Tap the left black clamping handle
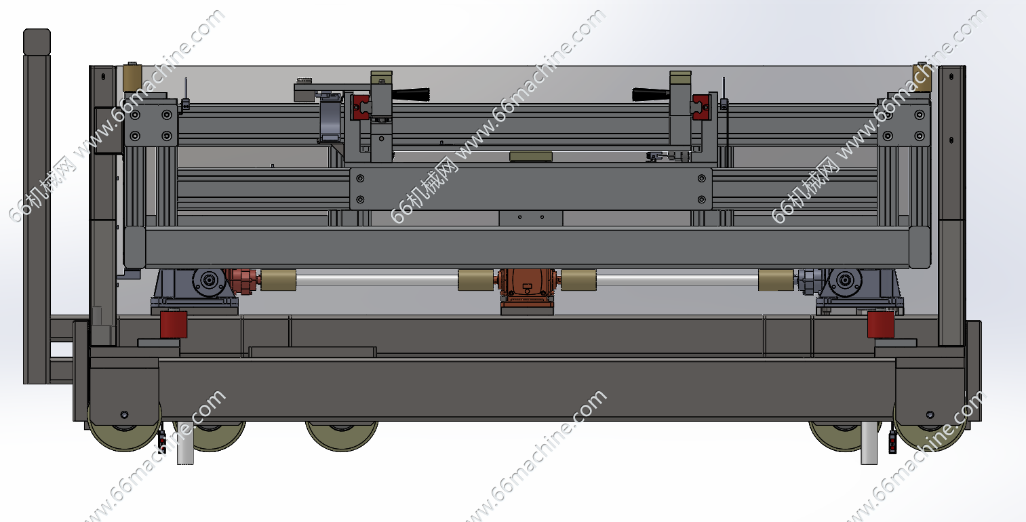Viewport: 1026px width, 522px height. [x=410, y=94]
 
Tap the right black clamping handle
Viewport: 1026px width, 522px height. [x=651, y=94]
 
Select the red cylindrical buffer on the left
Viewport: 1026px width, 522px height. [x=174, y=324]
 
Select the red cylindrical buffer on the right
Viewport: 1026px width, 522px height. [x=881, y=325]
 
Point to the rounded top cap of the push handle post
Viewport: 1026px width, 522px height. [x=37, y=41]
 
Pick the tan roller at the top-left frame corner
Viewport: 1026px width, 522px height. [x=132, y=78]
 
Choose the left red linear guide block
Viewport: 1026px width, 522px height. [x=361, y=107]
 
